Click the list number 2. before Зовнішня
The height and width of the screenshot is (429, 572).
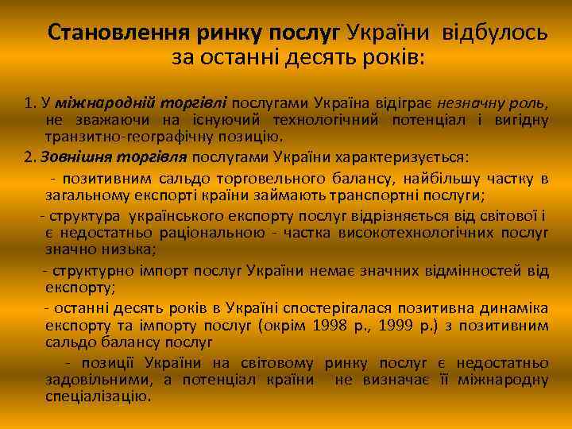(29, 157)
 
